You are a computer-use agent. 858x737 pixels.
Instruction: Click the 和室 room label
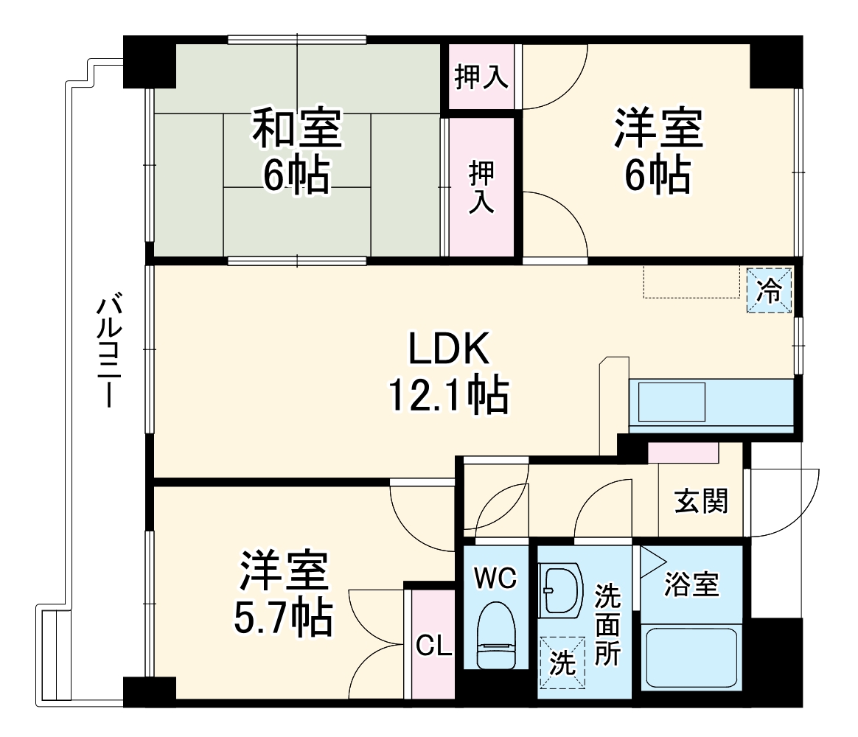[x=297, y=128]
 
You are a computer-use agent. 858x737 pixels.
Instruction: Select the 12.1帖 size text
[x=449, y=396]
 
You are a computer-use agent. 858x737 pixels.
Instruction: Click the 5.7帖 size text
[x=282, y=618]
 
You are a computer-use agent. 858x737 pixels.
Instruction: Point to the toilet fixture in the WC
[x=495, y=635]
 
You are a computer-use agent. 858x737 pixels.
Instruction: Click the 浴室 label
[x=691, y=584]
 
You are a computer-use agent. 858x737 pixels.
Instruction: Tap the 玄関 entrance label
[x=701, y=501]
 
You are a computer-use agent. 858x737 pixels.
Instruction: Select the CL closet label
[x=433, y=646]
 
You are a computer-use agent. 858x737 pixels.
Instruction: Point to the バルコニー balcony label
[x=109, y=351]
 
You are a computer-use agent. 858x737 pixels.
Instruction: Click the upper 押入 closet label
[x=481, y=77]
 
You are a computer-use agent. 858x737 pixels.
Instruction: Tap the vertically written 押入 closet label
[x=482, y=188]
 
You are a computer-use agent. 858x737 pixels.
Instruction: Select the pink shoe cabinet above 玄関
[x=683, y=453]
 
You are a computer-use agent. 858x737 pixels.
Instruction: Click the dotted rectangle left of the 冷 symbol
[x=691, y=282]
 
